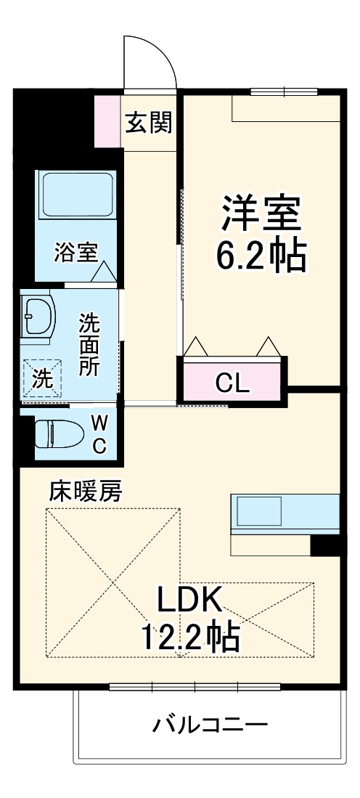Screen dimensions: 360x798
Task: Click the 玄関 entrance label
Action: (149, 123)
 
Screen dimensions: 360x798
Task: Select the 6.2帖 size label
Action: (262, 254)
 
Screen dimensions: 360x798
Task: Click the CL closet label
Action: (232, 383)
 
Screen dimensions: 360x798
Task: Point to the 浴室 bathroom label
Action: (76, 253)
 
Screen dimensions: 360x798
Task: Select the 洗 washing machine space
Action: (43, 378)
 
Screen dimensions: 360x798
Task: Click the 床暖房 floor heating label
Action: (86, 492)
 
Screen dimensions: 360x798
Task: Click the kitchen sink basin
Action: (259, 511)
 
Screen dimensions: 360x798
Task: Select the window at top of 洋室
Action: (285, 91)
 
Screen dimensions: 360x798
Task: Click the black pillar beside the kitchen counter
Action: (325, 546)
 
